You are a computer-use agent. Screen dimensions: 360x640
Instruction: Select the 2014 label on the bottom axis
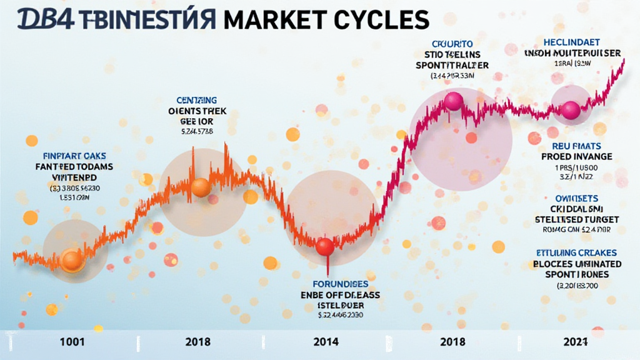coord(326,342)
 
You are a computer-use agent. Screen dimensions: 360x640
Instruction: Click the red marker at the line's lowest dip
coord(325,246)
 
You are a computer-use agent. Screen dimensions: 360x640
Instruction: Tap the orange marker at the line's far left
coord(72,261)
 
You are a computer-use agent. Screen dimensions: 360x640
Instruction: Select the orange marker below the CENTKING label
coord(201,187)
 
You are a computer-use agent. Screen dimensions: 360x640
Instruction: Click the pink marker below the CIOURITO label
coord(453,101)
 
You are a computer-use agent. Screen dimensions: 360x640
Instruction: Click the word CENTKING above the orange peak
coord(197,100)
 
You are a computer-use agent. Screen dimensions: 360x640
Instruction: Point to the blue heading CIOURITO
coord(452,43)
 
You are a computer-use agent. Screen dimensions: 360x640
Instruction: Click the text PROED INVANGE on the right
coord(576,156)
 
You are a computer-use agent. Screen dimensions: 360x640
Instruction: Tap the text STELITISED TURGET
coord(576,219)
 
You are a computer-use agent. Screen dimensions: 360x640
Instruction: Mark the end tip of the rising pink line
coord(624,60)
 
